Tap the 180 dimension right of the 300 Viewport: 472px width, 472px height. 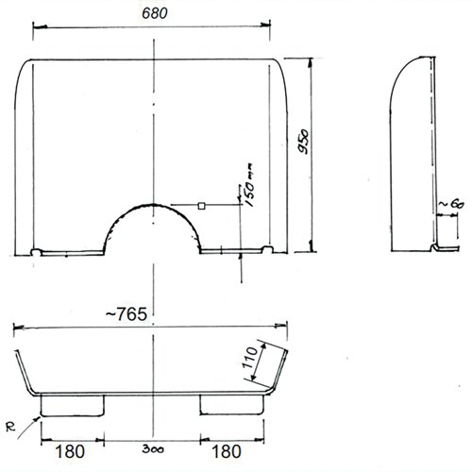point(229,441)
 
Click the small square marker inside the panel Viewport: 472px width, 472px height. point(201,204)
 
